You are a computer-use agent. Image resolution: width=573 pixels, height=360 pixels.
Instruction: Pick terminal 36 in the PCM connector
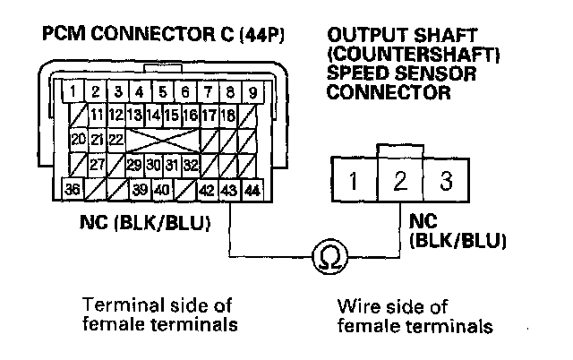(x=73, y=190)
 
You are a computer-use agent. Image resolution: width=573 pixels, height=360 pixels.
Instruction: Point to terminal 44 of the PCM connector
(x=252, y=190)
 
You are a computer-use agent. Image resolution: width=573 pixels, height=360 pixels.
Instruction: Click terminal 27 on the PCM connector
(x=97, y=165)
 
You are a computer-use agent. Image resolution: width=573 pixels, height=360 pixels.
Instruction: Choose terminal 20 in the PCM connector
(x=75, y=140)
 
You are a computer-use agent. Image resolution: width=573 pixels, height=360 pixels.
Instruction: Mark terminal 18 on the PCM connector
(x=227, y=115)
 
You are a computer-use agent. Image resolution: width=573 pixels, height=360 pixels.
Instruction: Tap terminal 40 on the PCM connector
(x=161, y=190)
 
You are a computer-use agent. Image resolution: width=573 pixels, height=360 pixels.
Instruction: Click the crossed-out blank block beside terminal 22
(x=162, y=140)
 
